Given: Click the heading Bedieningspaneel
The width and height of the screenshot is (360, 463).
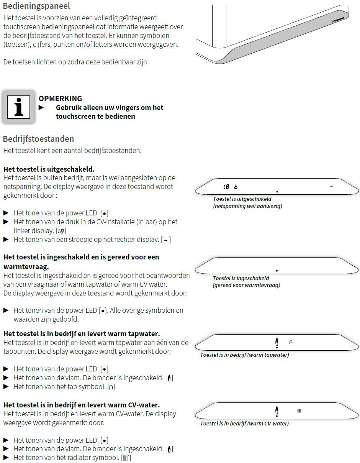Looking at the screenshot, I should pyautogui.click(x=36, y=6).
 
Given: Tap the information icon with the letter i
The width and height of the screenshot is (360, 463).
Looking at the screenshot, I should pyautogui.click(x=18, y=107).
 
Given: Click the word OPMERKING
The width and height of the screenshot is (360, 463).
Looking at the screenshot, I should pyautogui.click(x=60, y=99).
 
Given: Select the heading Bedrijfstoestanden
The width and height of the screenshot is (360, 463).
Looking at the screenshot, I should pyautogui.click(x=38, y=139).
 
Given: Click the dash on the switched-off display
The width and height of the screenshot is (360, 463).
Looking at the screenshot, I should pyautogui.click(x=331, y=186).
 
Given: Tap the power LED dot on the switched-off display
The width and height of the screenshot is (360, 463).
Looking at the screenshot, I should pyautogui.click(x=277, y=191).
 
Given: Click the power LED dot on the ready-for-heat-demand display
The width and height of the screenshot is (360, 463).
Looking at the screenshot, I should pyautogui.click(x=277, y=271).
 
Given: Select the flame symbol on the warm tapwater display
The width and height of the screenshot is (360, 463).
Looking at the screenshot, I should pyautogui.click(x=277, y=342).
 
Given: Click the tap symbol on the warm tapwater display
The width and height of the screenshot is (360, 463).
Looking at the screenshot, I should pyautogui.click(x=291, y=342).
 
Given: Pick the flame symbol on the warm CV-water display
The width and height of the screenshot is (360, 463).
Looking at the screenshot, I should pyautogui.click(x=277, y=411).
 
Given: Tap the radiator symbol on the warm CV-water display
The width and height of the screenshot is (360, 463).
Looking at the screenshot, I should pyautogui.click(x=299, y=411).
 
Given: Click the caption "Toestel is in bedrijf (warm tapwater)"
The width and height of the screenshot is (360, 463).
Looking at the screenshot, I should pyautogui.click(x=244, y=355).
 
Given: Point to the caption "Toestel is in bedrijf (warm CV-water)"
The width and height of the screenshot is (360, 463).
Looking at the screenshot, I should pyautogui.click(x=244, y=424).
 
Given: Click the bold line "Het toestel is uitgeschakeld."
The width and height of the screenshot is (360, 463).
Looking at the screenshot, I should pyautogui.click(x=49, y=169).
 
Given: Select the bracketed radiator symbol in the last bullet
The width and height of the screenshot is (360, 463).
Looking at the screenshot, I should pyautogui.click(x=126, y=458).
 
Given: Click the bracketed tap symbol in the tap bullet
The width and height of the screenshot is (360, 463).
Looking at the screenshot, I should pyautogui.click(x=111, y=387).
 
